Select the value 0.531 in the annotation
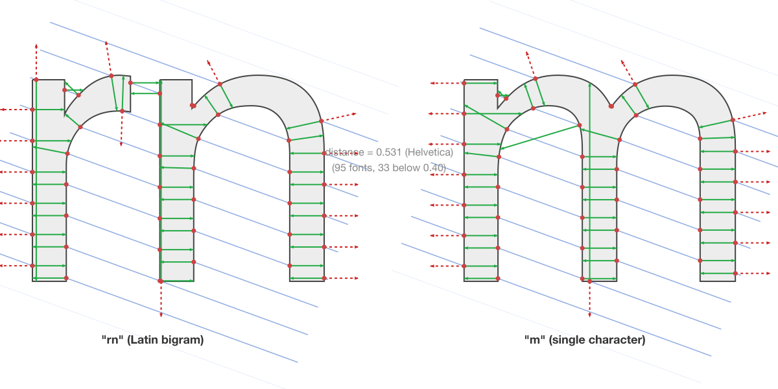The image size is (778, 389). click(380, 152)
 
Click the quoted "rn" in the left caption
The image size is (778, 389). click(110, 339)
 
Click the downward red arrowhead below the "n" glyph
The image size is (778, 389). click(161, 315)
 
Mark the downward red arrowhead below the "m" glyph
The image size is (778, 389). click(589, 315)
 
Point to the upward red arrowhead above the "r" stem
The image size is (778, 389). click(36, 47)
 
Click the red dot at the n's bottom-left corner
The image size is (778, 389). click(161, 281)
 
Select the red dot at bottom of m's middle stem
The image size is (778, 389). click(589, 281)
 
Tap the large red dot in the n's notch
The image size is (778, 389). click(193, 105)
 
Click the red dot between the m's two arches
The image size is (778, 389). click(611, 106)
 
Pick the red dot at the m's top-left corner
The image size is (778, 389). click(464, 83)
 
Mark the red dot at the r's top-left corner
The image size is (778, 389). click(36, 80)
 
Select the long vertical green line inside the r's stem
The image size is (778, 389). click(36, 182)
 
